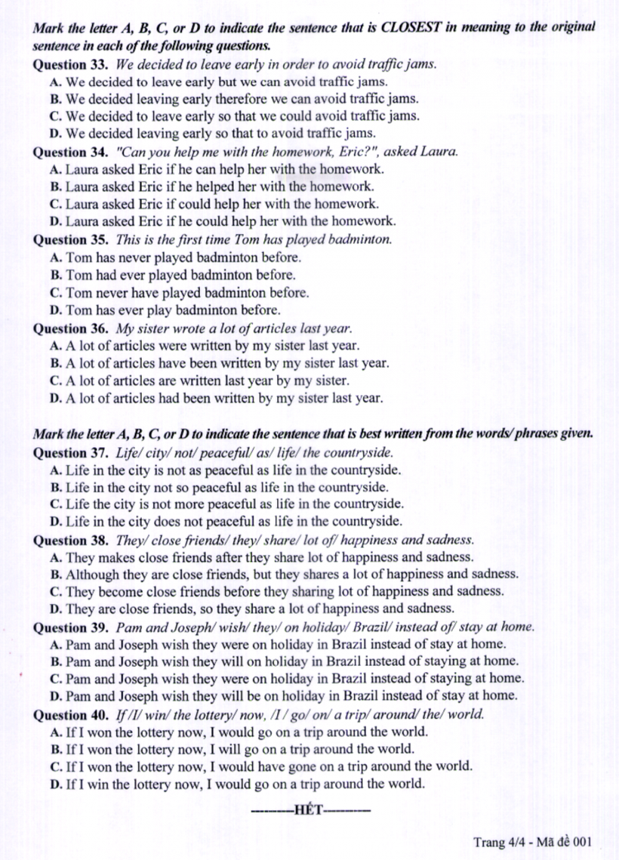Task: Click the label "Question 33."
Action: (72, 64)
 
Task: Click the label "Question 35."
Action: (72, 240)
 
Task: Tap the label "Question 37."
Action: (72, 452)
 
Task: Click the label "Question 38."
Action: (72, 540)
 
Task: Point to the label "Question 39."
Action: (72, 627)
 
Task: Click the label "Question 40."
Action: (72, 714)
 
